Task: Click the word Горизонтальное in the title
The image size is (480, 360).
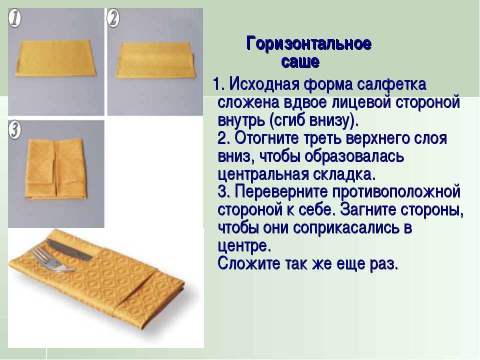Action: click(309, 43)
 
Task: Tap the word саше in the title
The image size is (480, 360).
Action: click(300, 62)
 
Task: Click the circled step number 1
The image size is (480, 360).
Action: click(14, 18)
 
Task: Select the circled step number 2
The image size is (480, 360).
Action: click(113, 18)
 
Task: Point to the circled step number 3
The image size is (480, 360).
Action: click(14, 130)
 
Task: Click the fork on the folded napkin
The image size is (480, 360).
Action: click(52, 259)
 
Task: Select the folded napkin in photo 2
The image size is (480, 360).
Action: click(155, 60)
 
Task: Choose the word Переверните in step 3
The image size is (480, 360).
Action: click(281, 192)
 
